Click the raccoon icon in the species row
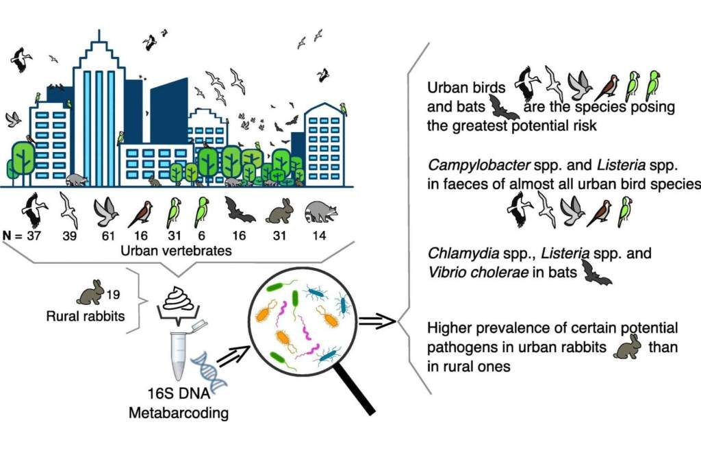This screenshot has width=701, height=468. [320, 211]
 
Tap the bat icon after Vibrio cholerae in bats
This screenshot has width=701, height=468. [596, 273]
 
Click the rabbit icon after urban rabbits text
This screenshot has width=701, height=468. [628, 347]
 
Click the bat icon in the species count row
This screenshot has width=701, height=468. [241, 212]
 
